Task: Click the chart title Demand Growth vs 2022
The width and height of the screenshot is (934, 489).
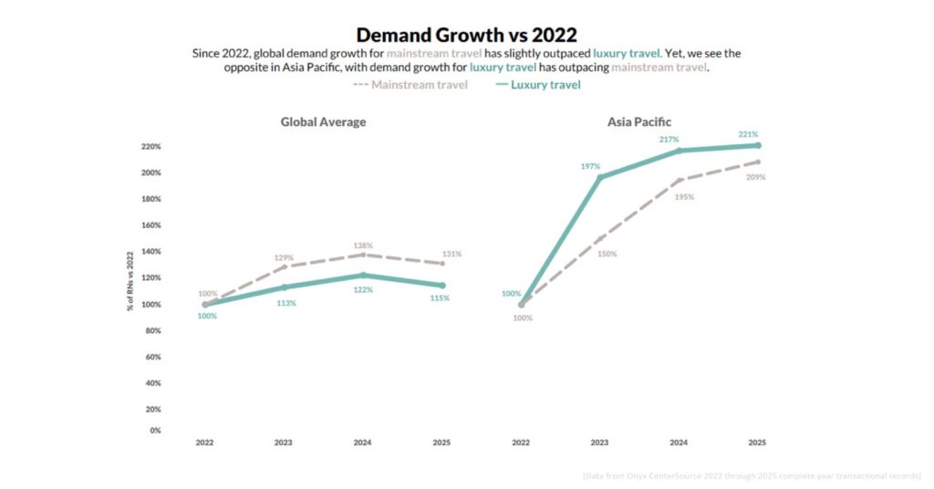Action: point(466,35)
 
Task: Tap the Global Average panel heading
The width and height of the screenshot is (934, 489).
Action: point(323,121)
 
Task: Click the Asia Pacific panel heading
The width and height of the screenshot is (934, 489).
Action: point(639,121)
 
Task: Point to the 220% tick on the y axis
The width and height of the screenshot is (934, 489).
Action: point(150,146)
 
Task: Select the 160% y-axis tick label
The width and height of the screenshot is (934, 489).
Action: point(150,224)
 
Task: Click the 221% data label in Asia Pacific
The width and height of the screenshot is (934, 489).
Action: point(748,134)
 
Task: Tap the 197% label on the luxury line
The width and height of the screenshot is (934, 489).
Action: point(589,166)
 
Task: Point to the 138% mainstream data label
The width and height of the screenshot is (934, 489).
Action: point(363,245)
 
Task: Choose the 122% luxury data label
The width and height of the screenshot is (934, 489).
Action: point(363,289)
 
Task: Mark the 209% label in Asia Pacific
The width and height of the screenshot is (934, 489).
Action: point(755,177)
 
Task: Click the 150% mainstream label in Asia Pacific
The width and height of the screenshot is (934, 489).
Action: point(607,254)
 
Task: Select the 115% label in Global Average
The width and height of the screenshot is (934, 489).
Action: point(440,298)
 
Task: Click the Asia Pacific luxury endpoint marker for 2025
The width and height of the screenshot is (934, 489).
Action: point(757,145)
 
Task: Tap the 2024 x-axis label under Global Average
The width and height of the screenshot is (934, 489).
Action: point(363,442)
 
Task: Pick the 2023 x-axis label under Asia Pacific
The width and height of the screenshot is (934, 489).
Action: point(599,442)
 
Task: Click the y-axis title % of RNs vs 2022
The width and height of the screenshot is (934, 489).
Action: point(130,281)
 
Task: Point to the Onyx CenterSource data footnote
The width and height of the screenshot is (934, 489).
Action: point(752,475)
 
